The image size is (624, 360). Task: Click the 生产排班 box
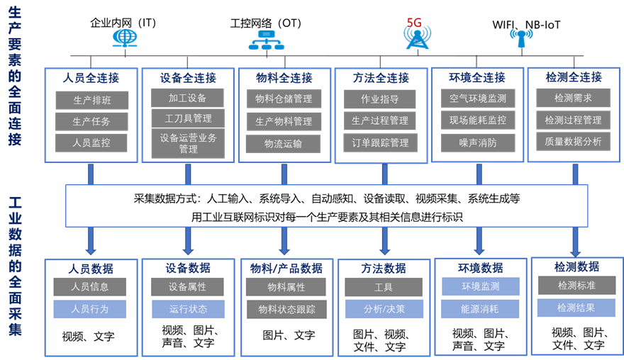(91, 100)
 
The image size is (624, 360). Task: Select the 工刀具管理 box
(188, 118)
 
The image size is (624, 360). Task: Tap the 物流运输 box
(283, 144)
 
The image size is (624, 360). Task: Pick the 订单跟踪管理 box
(380, 142)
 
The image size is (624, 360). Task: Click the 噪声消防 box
(478, 142)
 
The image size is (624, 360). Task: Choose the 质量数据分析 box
(573, 141)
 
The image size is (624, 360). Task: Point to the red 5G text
(415, 23)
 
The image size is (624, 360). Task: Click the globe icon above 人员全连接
(126, 38)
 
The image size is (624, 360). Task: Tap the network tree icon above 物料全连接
(265, 39)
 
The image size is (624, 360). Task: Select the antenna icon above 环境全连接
(520, 37)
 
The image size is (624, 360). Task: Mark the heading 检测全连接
(574, 77)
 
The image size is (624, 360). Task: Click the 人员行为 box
(90, 309)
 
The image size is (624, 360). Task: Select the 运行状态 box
(188, 309)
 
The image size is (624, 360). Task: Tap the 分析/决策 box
(383, 309)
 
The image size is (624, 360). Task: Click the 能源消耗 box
(480, 309)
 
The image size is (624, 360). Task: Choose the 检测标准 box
(576, 286)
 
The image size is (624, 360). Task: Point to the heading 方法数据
(384, 269)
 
